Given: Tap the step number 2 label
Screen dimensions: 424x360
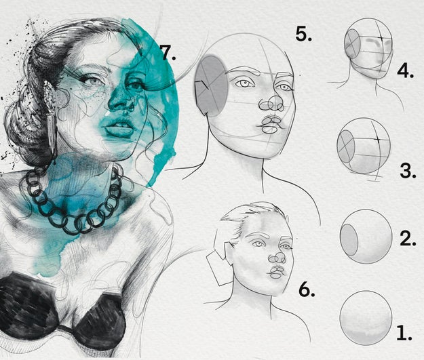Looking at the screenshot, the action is (408, 239).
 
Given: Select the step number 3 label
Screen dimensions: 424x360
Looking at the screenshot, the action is (408, 170).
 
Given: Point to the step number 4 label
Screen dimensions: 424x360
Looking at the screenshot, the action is (406, 71).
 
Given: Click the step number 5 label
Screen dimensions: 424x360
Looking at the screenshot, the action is (303, 35).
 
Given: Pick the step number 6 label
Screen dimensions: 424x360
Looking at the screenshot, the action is (307, 289).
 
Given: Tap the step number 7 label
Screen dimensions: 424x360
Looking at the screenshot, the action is (168, 52).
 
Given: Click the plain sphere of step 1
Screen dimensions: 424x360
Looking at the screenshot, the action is (366, 318).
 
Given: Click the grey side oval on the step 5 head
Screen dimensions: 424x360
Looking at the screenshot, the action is (212, 86).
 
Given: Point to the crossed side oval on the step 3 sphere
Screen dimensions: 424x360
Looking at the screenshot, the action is (345, 146).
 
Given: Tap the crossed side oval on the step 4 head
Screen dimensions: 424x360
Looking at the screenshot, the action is (352, 43).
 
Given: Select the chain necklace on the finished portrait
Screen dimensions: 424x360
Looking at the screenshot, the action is (73, 200).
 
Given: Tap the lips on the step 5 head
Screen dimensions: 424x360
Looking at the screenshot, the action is (271, 125).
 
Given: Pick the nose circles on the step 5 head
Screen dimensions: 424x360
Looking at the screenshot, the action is (271, 104).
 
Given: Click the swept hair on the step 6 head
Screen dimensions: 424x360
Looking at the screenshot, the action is (250, 219).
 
